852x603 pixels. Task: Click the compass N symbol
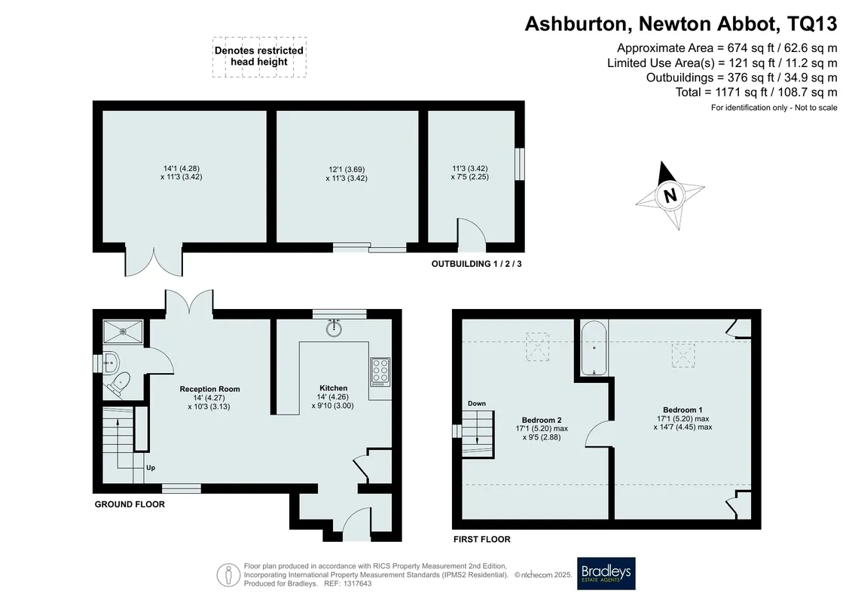[x=670, y=194]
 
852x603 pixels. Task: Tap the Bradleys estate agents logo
[x=606, y=573]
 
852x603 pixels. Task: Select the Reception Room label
[x=209, y=389]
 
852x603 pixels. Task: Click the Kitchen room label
[x=333, y=387]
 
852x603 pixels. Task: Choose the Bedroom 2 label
[x=541, y=420]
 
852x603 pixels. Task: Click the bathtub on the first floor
[x=594, y=348]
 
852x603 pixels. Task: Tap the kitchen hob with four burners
[x=380, y=372]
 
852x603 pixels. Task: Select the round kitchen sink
[x=334, y=328]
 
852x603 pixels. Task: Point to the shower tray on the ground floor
[x=123, y=331]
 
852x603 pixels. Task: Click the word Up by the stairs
[x=151, y=467]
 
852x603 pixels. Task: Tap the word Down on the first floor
[x=477, y=403]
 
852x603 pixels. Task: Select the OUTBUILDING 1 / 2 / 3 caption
[x=477, y=264]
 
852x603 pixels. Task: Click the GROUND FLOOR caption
[x=130, y=504]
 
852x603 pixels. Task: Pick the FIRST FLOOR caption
[x=482, y=540]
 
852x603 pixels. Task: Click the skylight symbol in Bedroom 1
[x=683, y=355]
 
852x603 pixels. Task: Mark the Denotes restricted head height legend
[x=259, y=57]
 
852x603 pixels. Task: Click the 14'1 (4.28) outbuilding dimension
[x=182, y=169]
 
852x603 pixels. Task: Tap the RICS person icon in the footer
[x=228, y=574]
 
